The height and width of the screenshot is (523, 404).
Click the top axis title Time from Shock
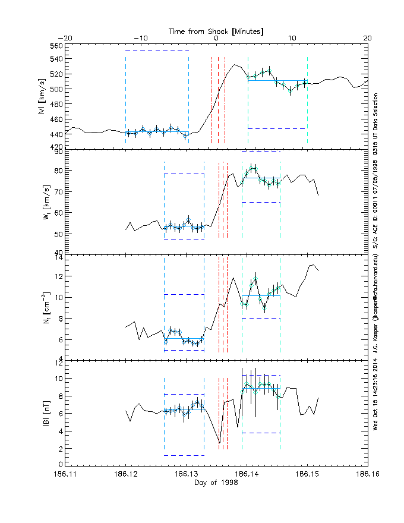pos(216,30)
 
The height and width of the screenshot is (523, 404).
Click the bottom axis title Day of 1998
pos(216,482)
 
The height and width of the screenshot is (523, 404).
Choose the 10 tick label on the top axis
pos(292,38)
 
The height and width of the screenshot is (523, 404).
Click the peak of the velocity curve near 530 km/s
pos(235,65)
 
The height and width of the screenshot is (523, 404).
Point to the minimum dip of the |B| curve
pos(219,443)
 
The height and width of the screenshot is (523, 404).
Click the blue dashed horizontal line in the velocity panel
pos(277,128)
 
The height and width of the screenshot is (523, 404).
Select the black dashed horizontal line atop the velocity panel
pos(157,51)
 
